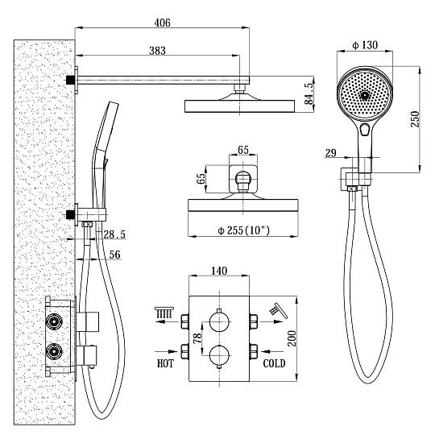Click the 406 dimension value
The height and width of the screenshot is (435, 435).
[x=162, y=23]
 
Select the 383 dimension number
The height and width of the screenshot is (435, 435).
[x=157, y=51]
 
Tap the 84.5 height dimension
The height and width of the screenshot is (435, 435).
[x=309, y=93]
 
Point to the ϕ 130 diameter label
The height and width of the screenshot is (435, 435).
[x=365, y=45]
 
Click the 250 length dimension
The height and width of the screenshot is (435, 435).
[x=415, y=119]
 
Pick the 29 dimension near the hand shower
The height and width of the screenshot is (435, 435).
[x=331, y=153]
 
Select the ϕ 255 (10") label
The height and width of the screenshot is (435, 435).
[x=243, y=230]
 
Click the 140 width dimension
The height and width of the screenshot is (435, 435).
[x=219, y=271]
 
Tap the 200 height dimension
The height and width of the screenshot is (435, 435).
[x=292, y=338]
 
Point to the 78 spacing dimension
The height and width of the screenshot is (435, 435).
[x=197, y=338]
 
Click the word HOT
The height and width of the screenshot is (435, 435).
[x=165, y=363]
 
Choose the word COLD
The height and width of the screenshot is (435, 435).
[x=274, y=363]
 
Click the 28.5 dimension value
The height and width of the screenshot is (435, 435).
[x=114, y=234]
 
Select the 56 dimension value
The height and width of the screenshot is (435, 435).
[x=115, y=255]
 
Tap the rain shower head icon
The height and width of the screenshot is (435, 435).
[x=164, y=313]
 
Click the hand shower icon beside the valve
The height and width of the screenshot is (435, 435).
[x=278, y=310]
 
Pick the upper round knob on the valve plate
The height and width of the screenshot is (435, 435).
[x=219, y=321]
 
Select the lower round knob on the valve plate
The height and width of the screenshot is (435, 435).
[x=219, y=355]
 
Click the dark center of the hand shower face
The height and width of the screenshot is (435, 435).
[x=365, y=95]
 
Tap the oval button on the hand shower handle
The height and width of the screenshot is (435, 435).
[x=365, y=129]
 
